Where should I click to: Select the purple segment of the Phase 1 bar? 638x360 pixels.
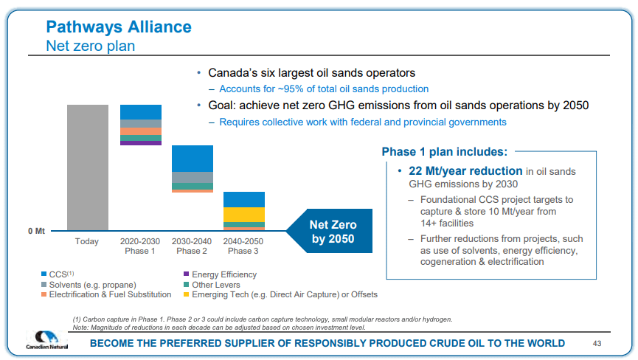[140, 143]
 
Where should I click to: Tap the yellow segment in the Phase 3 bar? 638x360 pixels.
[243, 214]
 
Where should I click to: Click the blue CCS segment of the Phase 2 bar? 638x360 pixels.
[192, 159]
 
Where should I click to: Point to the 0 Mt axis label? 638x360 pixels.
[37, 231]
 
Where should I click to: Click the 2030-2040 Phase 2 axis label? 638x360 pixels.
[192, 246]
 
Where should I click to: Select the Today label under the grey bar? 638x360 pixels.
[87, 242]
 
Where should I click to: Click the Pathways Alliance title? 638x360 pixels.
[119, 27]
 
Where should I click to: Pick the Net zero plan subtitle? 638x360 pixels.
[90, 46]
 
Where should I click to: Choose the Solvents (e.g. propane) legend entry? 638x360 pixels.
[92, 285]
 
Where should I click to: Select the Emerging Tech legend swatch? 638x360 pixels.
[186, 294]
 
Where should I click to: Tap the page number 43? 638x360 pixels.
[598, 344]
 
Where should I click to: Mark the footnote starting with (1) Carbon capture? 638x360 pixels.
[263, 319]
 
